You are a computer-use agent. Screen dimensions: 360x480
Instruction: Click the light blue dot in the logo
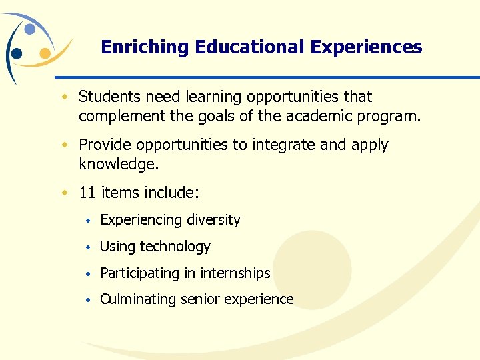29,29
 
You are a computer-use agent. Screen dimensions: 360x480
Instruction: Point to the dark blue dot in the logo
17,53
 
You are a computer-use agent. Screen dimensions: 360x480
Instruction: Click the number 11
87,193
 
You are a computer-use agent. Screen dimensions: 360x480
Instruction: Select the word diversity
213,220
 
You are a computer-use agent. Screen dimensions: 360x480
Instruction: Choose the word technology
175,247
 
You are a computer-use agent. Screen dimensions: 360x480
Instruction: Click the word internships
235,273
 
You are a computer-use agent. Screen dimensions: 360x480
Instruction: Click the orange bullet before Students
65,97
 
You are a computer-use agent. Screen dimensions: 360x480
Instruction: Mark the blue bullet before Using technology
88,247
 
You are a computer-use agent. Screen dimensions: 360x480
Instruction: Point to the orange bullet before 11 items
65,193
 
